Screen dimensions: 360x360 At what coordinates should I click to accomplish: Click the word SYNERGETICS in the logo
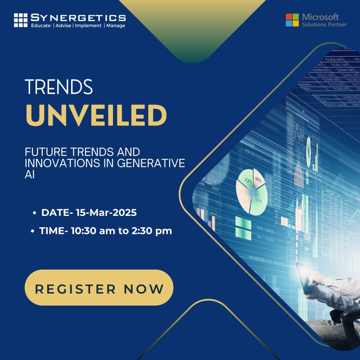click(78, 18)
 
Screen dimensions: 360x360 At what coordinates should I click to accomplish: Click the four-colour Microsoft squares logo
click(292, 20)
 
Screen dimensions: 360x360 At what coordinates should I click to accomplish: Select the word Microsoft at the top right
click(320, 16)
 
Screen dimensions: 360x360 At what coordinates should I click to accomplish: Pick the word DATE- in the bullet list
click(54, 212)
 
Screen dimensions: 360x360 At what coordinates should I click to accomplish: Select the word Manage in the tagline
click(116, 26)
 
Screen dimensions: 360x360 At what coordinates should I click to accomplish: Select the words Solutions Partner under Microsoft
click(324, 24)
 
